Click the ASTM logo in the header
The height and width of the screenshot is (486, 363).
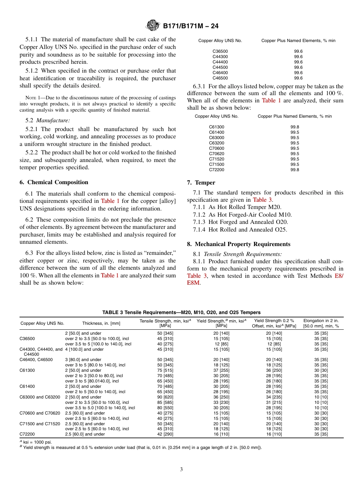(x=153, y=26)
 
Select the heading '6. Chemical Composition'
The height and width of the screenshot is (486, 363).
(x=54, y=182)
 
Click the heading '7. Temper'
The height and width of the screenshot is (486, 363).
(x=201, y=183)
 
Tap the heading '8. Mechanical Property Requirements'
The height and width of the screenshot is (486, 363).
(x=238, y=244)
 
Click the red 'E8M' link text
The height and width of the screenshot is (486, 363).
(x=193, y=283)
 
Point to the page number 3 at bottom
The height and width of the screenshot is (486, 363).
(x=181, y=469)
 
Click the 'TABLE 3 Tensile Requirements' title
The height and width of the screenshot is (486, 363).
(x=181, y=313)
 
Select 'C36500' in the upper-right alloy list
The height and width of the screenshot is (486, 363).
(x=220, y=51)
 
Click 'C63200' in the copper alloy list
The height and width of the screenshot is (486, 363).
(x=217, y=143)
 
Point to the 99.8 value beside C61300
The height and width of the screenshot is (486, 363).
(x=295, y=127)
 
